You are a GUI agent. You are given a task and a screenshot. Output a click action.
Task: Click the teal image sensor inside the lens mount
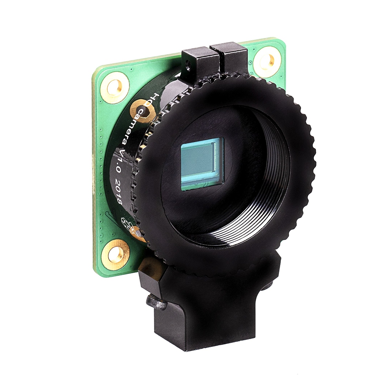[x=202, y=163]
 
